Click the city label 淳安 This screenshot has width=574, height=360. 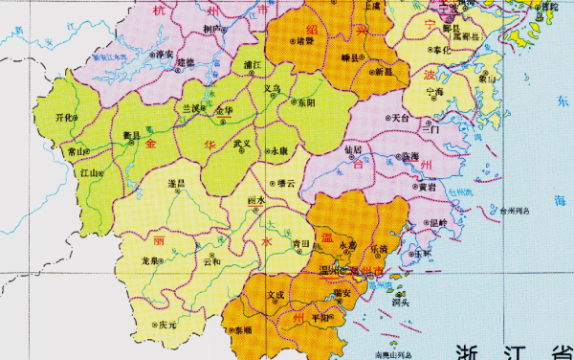(x=165, y=54)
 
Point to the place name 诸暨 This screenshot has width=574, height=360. (x=304, y=41)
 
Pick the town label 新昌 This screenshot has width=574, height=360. (x=383, y=71)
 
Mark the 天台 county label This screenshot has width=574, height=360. (x=399, y=118)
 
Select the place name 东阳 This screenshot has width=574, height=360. (x=306, y=101)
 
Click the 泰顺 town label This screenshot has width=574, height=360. (x=242, y=330)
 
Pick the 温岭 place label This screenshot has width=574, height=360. (x=437, y=222)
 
